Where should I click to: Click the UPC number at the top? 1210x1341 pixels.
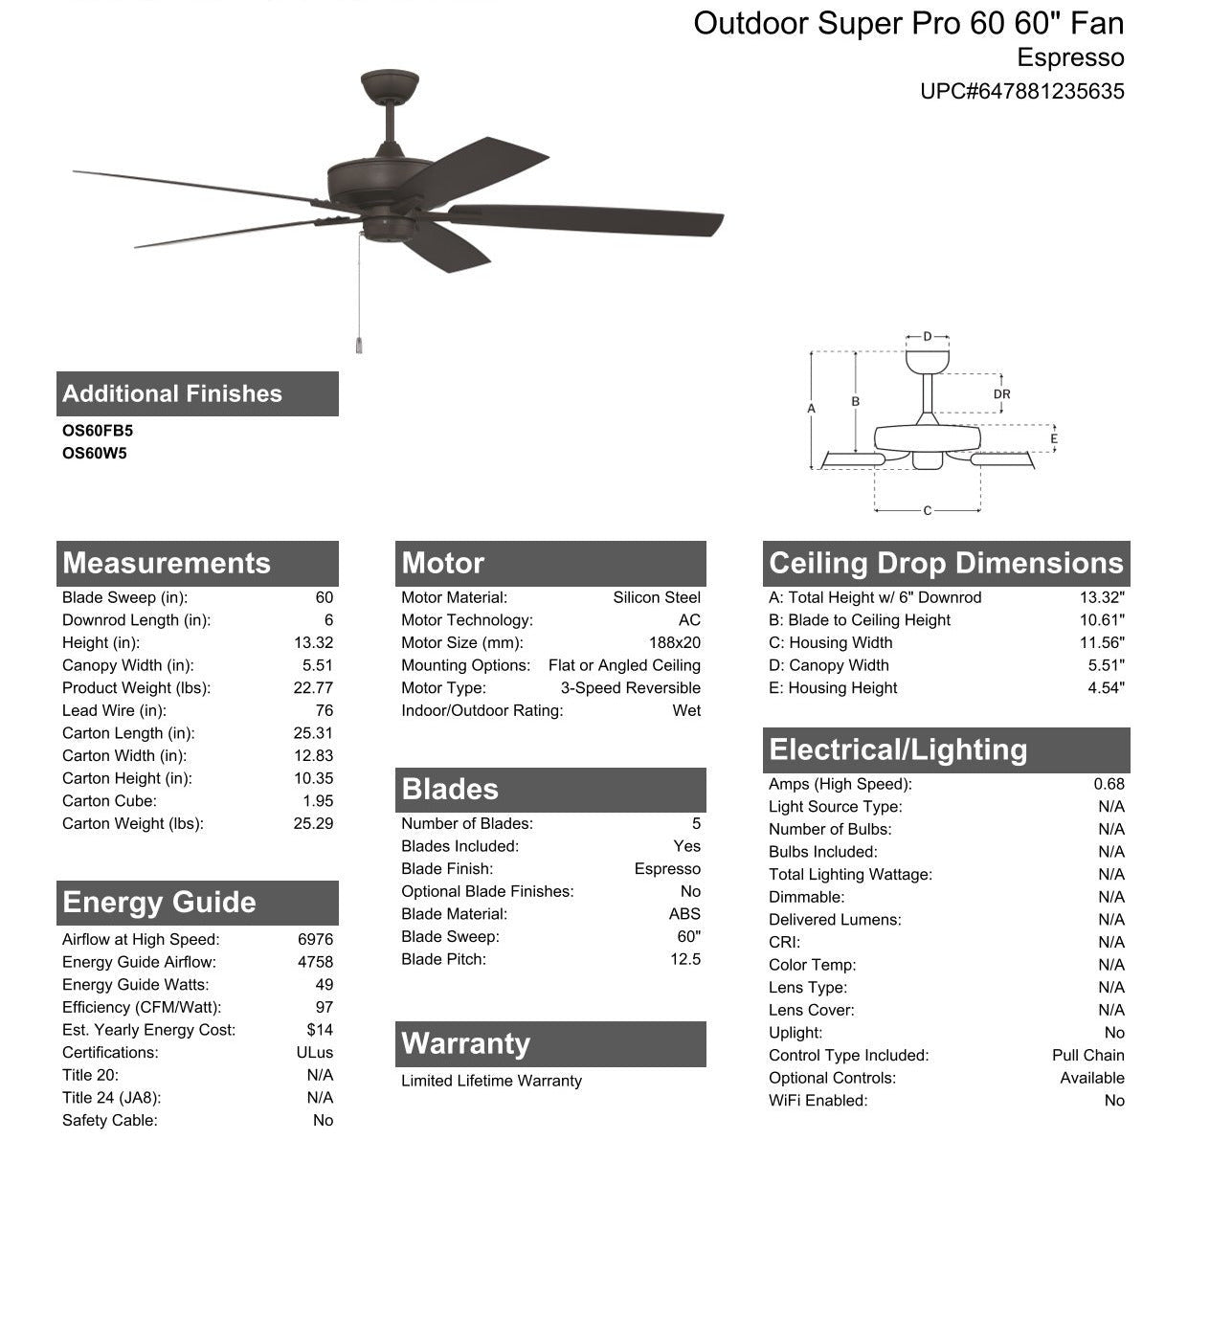(x=1021, y=92)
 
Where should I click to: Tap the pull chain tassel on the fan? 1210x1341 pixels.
(x=359, y=345)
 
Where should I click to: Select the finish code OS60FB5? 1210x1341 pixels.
(x=98, y=431)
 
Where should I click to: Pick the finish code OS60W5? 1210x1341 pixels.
(x=95, y=454)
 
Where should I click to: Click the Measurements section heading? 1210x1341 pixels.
(x=167, y=563)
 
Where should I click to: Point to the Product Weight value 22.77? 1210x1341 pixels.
(x=313, y=688)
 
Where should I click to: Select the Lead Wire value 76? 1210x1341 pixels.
(x=325, y=710)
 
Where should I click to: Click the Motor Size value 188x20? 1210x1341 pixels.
(x=674, y=643)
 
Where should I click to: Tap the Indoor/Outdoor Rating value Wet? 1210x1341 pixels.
(x=686, y=710)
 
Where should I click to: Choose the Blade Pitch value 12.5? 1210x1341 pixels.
(x=685, y=959)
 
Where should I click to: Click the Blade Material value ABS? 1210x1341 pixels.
(x=684, y=914)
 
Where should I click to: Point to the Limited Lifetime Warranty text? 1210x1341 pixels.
(x=491, y=1081)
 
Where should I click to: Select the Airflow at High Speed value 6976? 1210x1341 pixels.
(x=315, y=940)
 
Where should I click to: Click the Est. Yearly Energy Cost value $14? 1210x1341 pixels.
(x=320, y=1030)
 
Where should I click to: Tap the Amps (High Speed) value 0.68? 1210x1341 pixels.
(x=1109, y=784)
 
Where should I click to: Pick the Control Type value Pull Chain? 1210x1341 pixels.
(x=1087, y=1055)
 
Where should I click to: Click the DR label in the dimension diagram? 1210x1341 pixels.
(x=1001, y=394)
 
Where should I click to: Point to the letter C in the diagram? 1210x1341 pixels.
(x=927, y=511)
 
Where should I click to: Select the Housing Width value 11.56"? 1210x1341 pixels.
(x=1102, y=643)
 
